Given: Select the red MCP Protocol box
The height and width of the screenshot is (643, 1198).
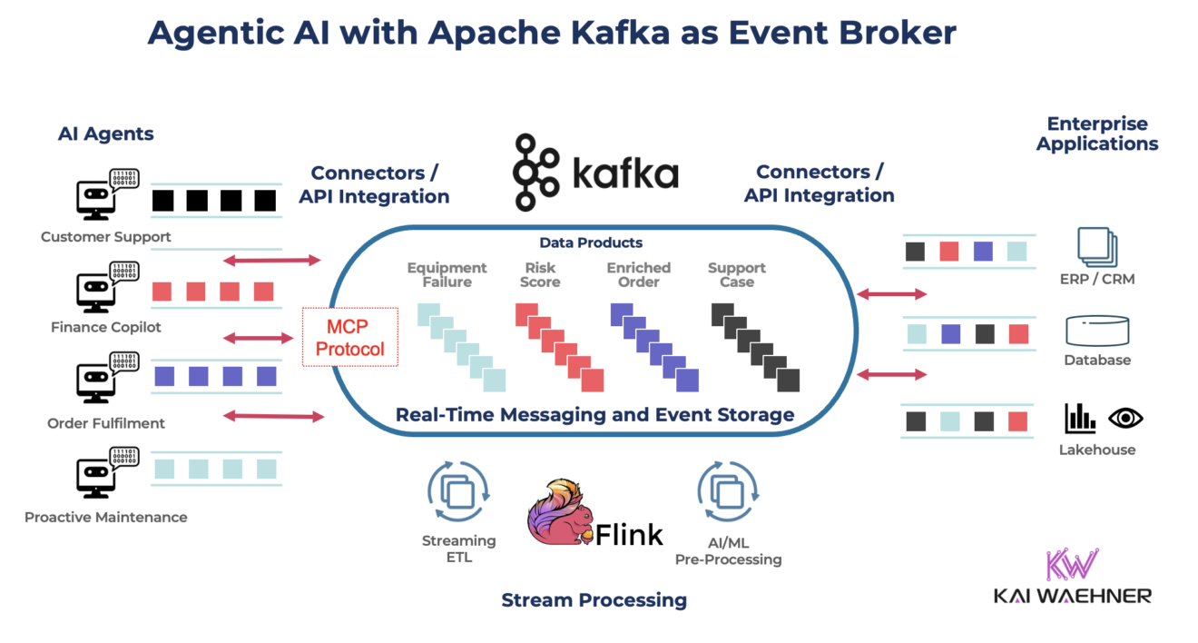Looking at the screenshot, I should point(349,337).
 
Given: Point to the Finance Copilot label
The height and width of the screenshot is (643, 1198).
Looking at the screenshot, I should point(106,327).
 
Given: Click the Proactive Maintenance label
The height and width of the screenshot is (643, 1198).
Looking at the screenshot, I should point(106,518).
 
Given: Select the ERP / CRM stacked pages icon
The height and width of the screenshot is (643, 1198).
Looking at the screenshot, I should point(1096,246).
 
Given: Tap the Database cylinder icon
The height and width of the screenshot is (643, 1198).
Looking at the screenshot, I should point(1097,331).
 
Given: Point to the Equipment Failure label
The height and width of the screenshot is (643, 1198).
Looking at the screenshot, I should point(447,275).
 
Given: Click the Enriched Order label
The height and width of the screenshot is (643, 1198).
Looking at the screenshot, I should point(638,275).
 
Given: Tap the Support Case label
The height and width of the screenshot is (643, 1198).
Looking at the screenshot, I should point(736,275).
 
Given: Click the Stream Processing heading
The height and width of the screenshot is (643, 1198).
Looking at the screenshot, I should point(594,600).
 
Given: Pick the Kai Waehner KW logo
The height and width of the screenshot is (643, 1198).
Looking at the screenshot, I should point(1072,565).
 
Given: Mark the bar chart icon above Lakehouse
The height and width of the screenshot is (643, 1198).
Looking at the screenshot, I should point(1079,418).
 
